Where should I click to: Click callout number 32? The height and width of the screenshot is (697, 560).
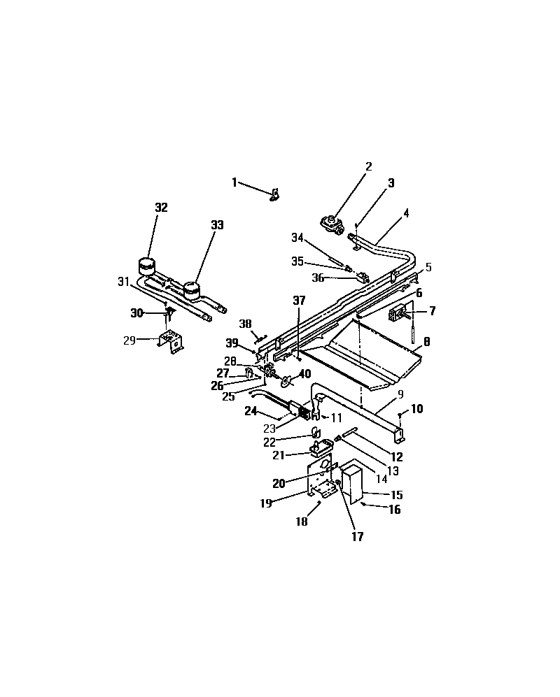pyautogui.click(x=162, y=208)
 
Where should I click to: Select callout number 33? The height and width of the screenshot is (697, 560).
pyautogui.click(x=217, y=224)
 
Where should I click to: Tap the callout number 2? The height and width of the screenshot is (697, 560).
pyautogui.click(x=368, y=166)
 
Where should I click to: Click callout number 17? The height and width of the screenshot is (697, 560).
pyautogui.click(x=358, y=537)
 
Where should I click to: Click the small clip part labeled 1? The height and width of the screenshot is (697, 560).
pyautogui.click(x=274, y=194)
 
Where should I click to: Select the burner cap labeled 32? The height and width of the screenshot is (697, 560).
pyautogui.click(x=147, y=266)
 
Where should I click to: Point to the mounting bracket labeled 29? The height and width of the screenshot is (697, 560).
pyautogui.click(x=171, y=343)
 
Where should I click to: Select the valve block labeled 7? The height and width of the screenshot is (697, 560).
pyautogui.click(x=397, y=314)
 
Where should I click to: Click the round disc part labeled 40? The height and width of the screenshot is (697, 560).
pyautogui.click(x=286, y=381)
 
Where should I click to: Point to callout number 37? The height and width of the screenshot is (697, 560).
pyautogui.click(x=299, y=300)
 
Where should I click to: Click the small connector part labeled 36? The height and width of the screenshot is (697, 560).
pyautogui.click(x=362, y=278)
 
